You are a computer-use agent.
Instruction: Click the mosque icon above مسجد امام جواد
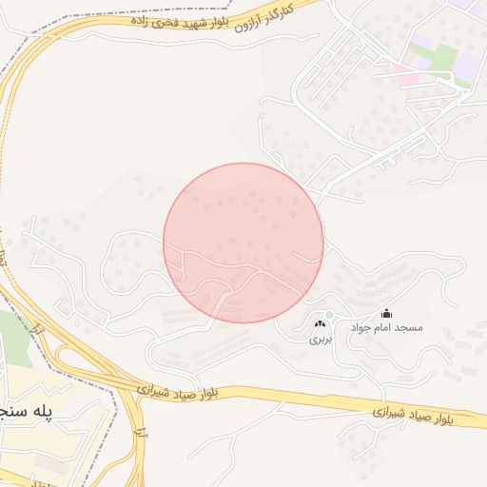coord(386,313)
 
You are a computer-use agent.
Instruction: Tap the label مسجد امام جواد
coord(386,327)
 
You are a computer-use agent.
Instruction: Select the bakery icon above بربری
coord(319,324)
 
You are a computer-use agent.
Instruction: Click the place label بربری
coord(319,338)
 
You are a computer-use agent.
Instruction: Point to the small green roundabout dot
coord(329,315)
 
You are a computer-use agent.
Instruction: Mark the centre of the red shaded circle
coord(243,243)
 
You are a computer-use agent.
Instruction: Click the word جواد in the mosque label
coord(361,327)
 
